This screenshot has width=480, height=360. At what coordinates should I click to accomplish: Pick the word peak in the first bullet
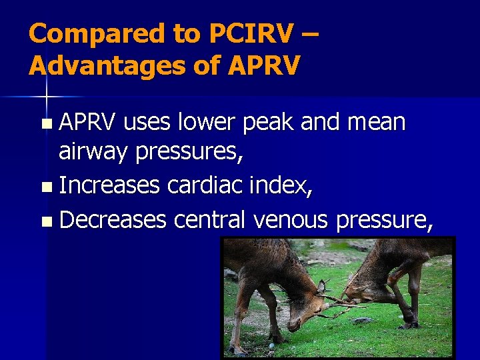pos(273,123)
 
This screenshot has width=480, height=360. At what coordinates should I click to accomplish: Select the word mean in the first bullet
pos(378,122)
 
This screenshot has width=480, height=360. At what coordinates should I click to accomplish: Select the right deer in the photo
pos(393,273)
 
